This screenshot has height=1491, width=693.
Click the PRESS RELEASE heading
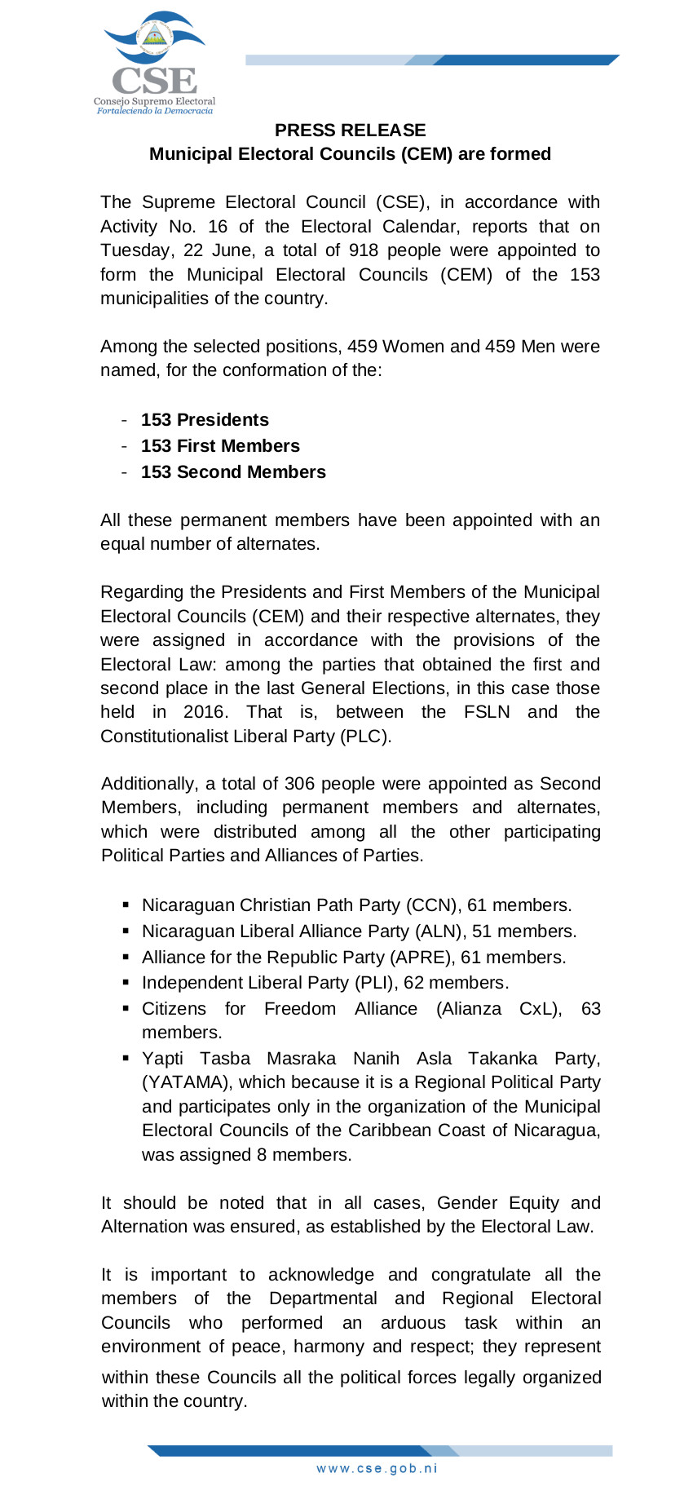(x=350, y=131)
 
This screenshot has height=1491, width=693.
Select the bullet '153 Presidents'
(x=205, y=420)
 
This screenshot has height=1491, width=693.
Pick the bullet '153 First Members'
(x=220, y=446)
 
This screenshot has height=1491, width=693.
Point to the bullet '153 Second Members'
(x=233, y=472)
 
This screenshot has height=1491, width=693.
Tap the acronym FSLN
(x=487, y=712)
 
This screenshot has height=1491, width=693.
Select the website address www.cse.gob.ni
(x=377, y=1468)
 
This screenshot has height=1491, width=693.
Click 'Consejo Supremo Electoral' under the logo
(x=154, y=102)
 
